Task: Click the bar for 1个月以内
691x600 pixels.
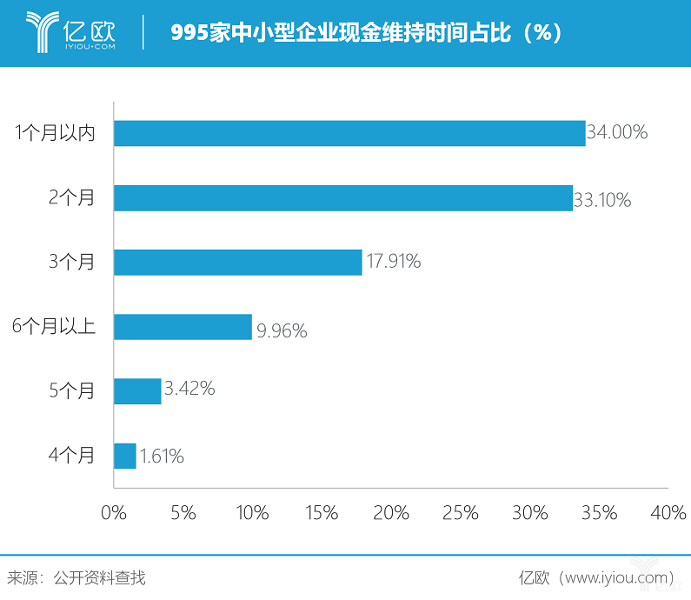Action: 349,133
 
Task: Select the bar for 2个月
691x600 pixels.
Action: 343,198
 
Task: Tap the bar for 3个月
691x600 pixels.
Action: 237,262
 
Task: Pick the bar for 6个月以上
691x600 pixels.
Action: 183,327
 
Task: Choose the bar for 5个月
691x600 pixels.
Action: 137,391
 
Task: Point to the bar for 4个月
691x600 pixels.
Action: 125,456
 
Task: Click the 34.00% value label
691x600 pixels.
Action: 617,133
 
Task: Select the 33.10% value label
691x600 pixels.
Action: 602,200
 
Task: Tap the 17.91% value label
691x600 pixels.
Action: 392,262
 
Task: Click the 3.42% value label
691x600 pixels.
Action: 189,389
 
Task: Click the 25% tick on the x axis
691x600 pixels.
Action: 461,514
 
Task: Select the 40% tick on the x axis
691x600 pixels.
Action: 668,514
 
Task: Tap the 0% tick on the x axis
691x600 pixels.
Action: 114,514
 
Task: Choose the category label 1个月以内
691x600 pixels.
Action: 55,133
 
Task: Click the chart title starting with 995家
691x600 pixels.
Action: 366,33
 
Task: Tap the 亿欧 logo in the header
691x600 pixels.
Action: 70,32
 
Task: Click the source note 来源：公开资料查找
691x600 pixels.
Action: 76,577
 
